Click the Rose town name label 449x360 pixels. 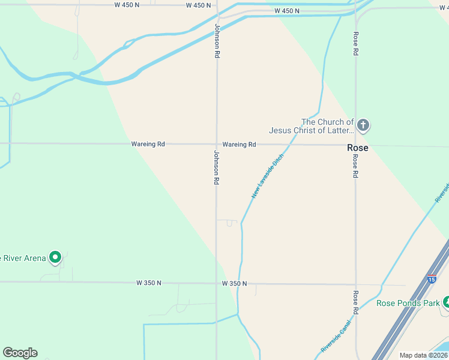pyautogui.click(x=358, y=148)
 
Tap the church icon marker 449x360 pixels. pyautogui.click(x=363, y=125)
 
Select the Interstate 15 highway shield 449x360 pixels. pyautogui.click(x=432, y=279)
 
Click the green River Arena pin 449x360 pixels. pyautogui.click(x=55, y=257)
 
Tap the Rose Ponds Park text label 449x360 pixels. pyautogui.click(x=408, y=303)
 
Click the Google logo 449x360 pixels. pyautogui.click(x=20, y=353)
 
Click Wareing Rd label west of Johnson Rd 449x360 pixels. pyautogui.click(x=148, y=144)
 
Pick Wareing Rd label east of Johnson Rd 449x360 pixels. pyautogui.click(x=239, y=145)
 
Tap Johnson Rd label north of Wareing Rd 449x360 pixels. pyautogui.click(x=217, y=41)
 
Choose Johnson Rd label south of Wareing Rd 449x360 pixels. pyautogui.click(x=216, y=167)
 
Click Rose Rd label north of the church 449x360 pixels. pyautogui.click(x=355, y=44)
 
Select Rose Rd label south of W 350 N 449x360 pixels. pyautogui.click(x=355, y=302)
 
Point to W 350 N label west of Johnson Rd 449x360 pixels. pyautogui.click(x=149, y=283)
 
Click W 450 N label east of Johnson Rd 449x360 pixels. pyautogui.click(x=286, y=11)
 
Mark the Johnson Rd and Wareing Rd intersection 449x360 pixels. pyautogui.click(x=217, y=144)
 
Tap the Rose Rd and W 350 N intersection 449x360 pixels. pyautogui.click(x=355, y=284)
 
